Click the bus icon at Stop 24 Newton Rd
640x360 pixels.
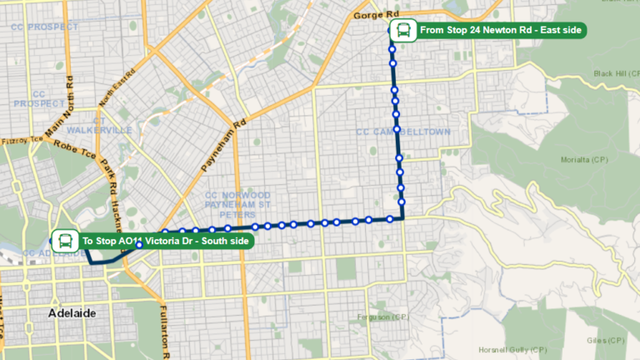[x=402, y=31]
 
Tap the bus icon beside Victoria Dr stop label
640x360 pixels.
[x=63, y=242]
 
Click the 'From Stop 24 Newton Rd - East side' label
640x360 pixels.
[x=502, y=31]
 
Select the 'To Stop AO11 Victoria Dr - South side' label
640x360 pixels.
[x=165, y=242]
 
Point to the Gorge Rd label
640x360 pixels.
[x=377, y=15]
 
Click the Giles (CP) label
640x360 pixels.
[x=605, y=341]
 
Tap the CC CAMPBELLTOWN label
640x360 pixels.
[x=402, y=132]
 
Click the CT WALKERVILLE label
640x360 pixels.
[x=99, y=125]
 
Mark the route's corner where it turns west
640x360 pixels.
[x=403, y=219]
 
